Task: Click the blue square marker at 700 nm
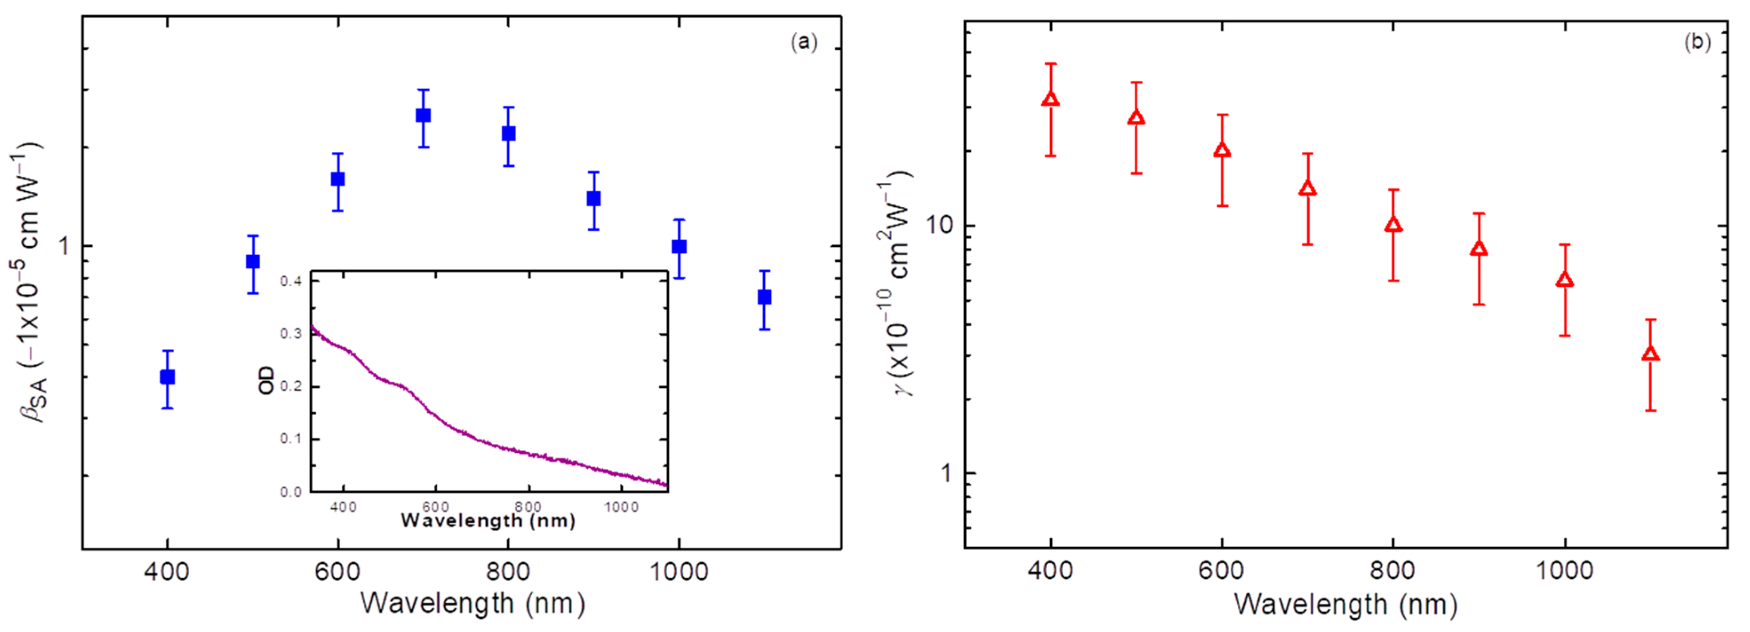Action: pyautogui.click(x=423, y=115)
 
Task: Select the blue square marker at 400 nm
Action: pyautogui.click(x=167, y=377)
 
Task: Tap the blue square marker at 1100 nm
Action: pyautogui.click(x=764, y=297)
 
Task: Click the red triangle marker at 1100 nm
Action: pyautogui.click(x=1650, y=354)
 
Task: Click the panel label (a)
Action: pyautogui.click(x=804, y=42)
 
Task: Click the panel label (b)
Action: pyautogui.click(x=1696, y=42)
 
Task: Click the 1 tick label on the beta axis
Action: pyautogui.click(x=64, y=246)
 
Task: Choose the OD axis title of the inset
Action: pyautogui.click(x=266, y=380)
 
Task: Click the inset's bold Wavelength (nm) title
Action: pyautogui.click(x=488, y=521)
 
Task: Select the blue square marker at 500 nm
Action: pyautogui.click(x=252, y=261)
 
